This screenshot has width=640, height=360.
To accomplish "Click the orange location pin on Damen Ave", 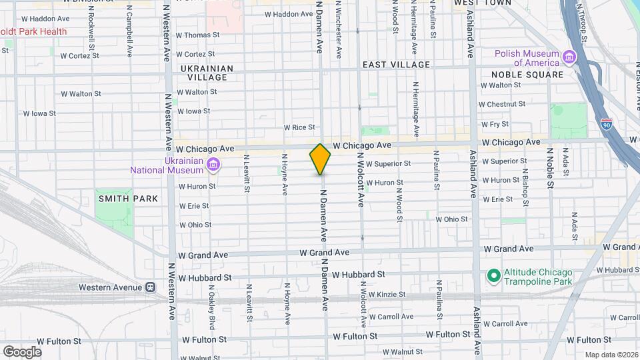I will click(x=321, y=159).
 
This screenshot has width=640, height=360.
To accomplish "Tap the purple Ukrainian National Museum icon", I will click(x=213, y=165).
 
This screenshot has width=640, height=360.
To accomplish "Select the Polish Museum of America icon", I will click(x=569, y=58).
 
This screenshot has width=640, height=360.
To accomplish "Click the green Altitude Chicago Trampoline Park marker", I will click(x=493, y=274).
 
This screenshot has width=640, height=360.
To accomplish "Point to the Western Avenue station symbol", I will click(x=151, y=287).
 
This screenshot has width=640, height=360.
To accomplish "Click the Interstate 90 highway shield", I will click(x=606, y=124).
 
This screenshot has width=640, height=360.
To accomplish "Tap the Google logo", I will click(x=22, y=351).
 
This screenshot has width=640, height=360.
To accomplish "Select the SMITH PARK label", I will click(x=128, y=199).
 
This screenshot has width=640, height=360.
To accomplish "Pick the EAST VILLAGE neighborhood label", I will click(x=396, y=65).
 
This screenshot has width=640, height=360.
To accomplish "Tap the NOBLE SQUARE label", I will click(x=527, y=75).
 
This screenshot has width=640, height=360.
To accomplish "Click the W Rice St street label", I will click(x=299, y=127).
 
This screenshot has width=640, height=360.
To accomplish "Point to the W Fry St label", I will click(x=494, y=125).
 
